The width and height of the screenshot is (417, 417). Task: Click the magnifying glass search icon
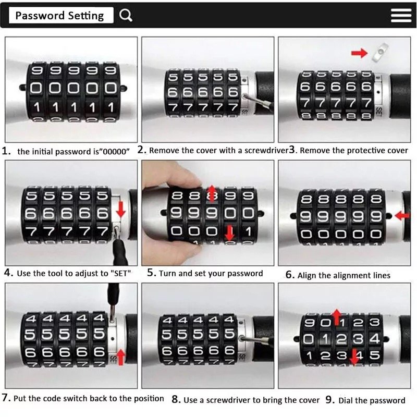[x=126, y=15]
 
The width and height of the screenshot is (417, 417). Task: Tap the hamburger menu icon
[x=401, y=15]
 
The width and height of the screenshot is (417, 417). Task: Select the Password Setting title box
[x=61, y=15]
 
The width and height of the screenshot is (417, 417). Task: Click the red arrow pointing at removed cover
[x=359, y=53]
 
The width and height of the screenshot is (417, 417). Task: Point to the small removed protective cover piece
[x=380, y=52]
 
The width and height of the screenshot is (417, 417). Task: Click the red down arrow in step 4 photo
[x=121, y=209]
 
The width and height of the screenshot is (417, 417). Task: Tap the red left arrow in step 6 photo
[x=402, y=215]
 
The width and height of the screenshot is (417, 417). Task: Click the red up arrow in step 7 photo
[x=121, y=357]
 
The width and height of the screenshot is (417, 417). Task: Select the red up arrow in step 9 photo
[x=337, y=317]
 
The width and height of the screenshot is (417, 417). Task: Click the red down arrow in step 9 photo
[x=354, y=357]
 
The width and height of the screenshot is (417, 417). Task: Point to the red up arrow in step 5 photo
[x=212, y=194]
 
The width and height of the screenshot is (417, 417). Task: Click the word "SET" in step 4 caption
[x=120, y=273]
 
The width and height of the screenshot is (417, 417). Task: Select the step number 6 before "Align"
[x=289, y=275]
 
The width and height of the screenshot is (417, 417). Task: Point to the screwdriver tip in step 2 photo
[x=244, y=96]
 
